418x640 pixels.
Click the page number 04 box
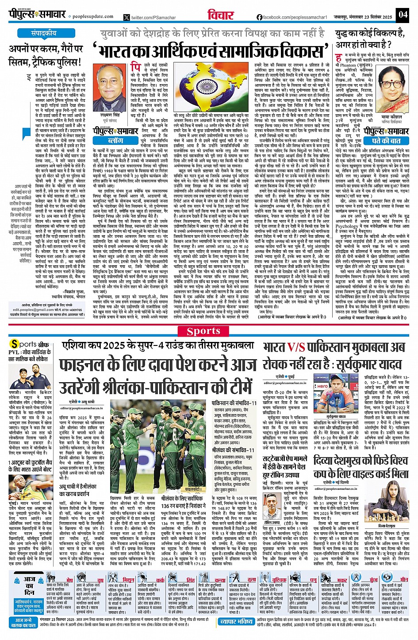click(402, 14)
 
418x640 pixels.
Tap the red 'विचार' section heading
click(221, 15)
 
